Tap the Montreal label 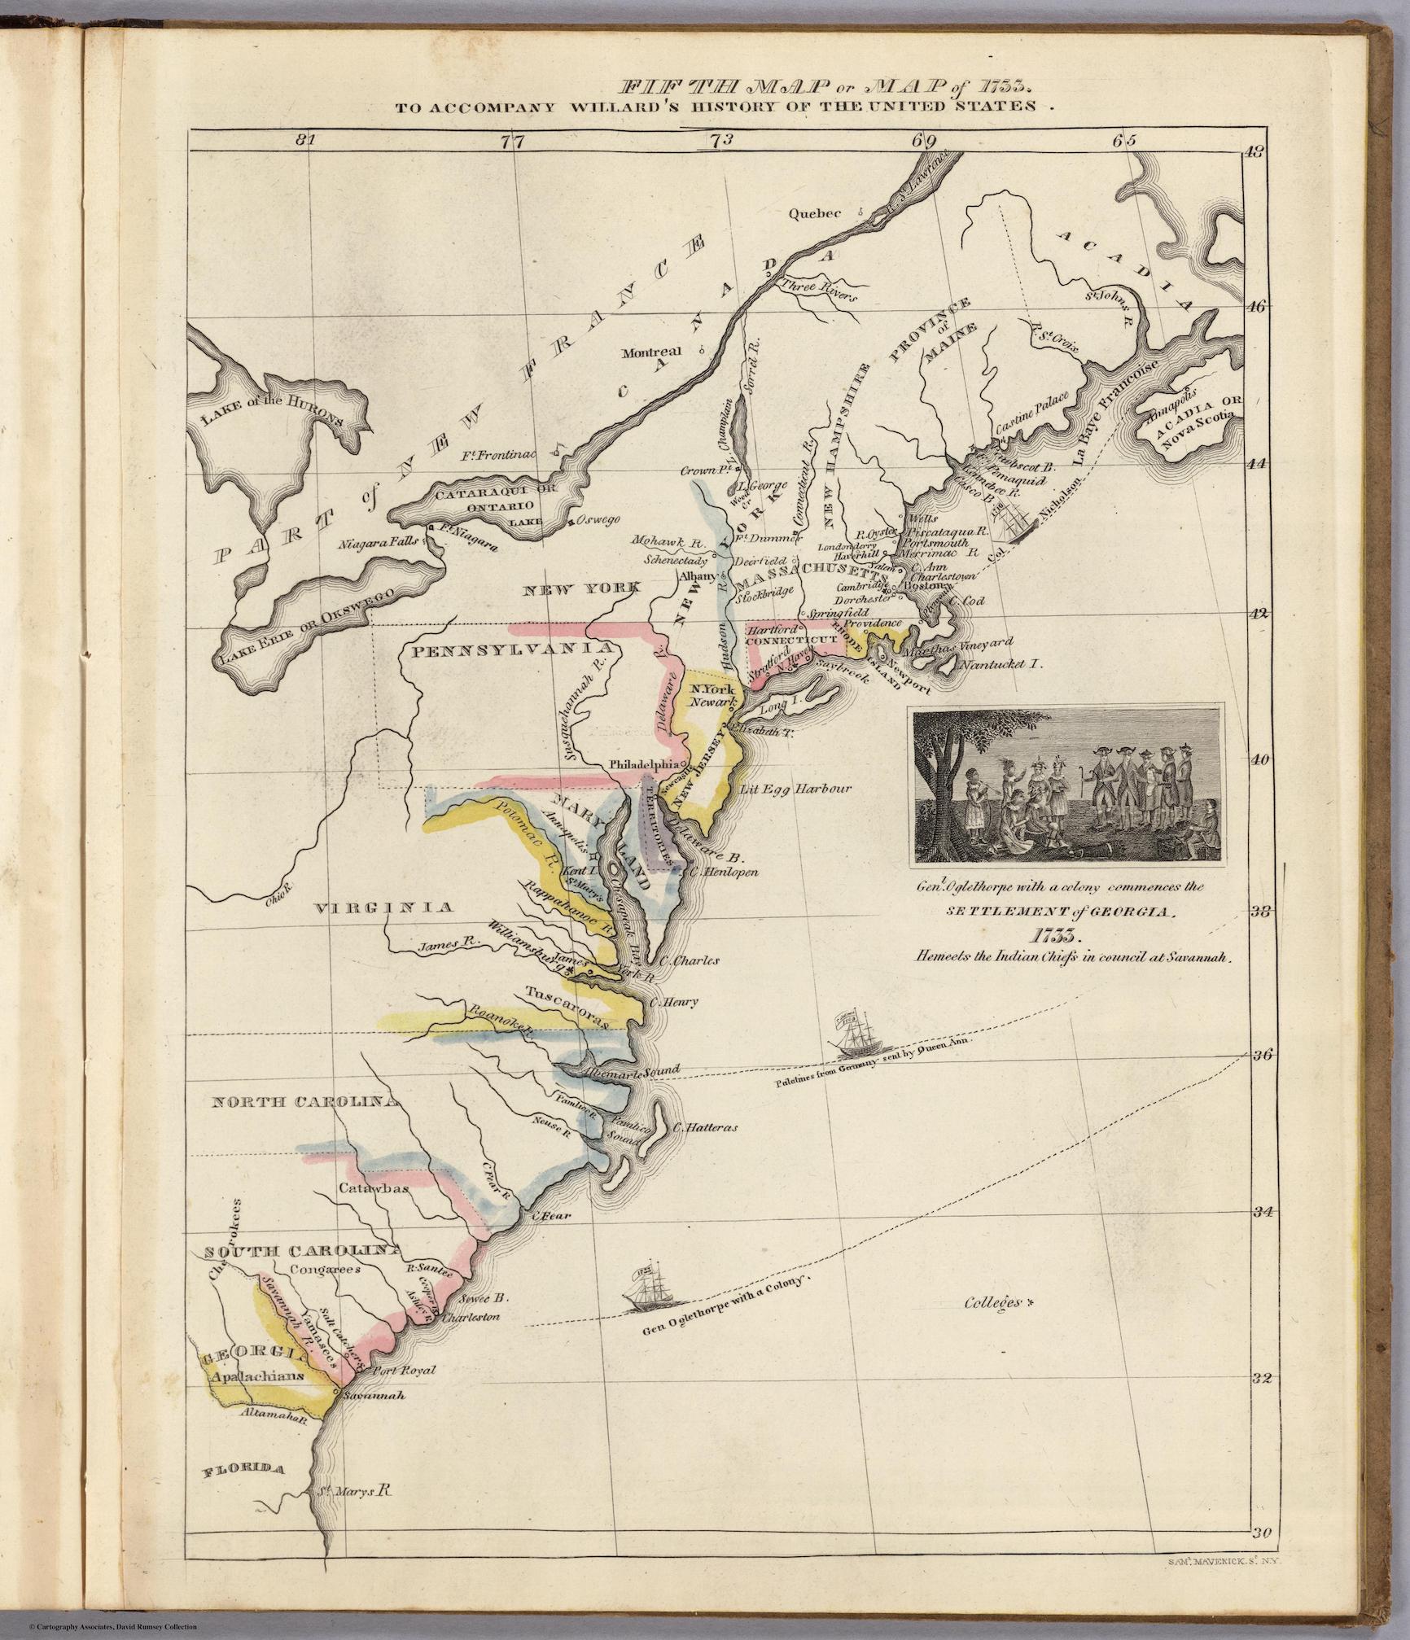coord(650,353)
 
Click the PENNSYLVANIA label coord(511,649)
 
